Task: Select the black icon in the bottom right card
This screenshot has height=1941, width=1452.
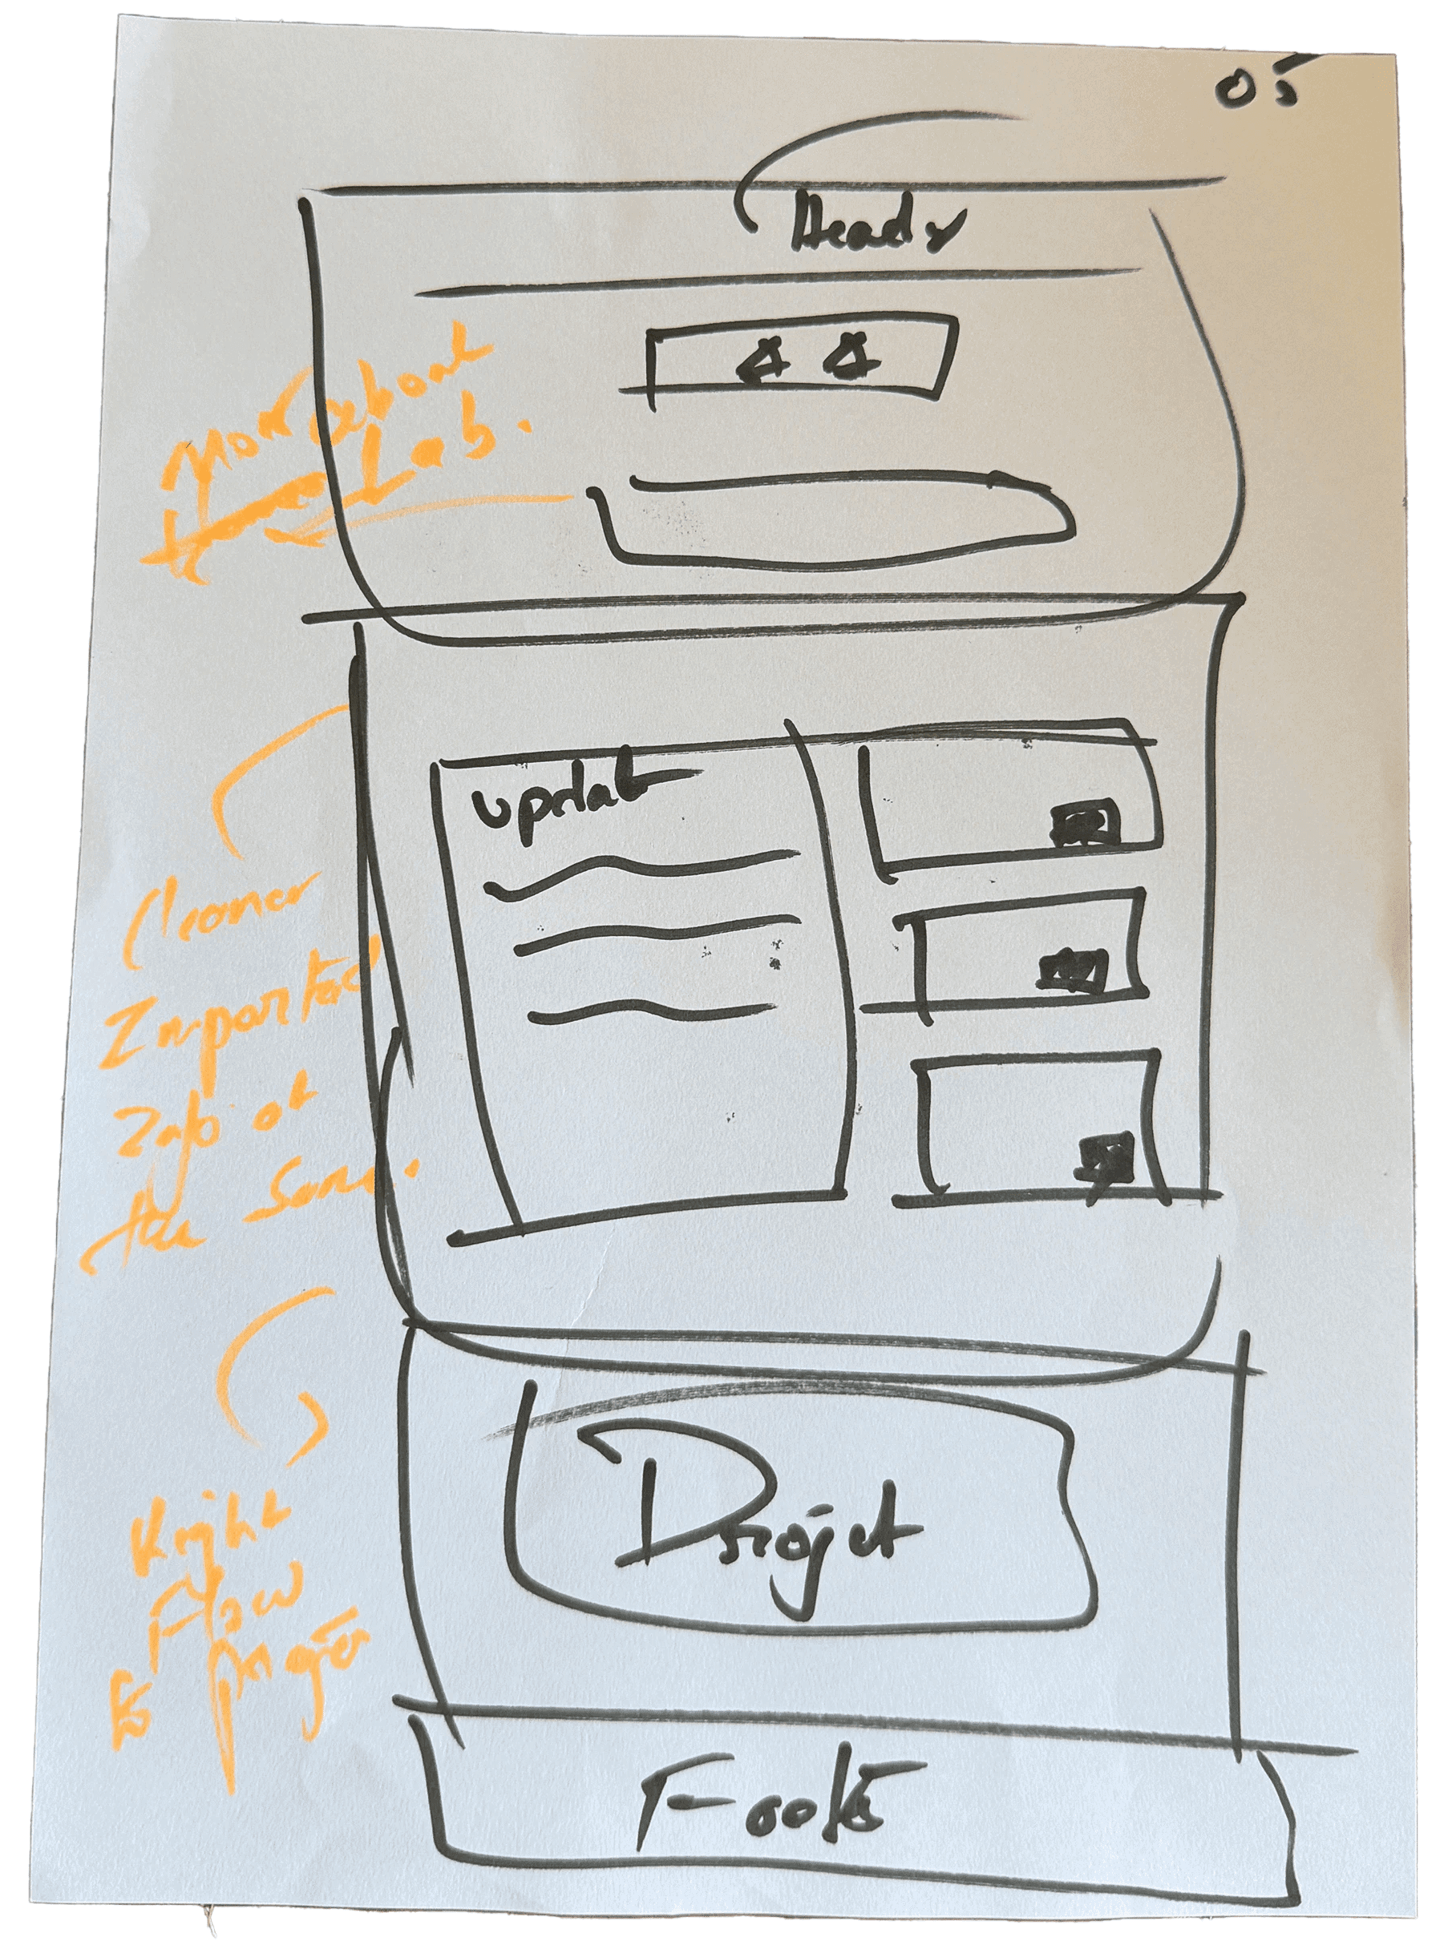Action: coord(1106,1152)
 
